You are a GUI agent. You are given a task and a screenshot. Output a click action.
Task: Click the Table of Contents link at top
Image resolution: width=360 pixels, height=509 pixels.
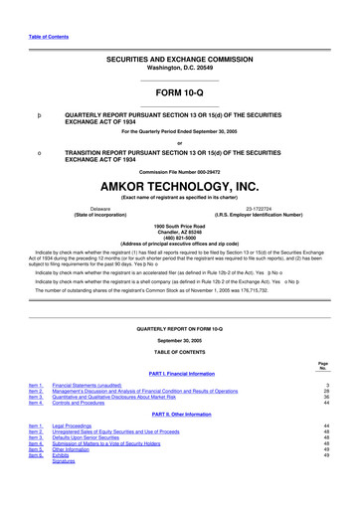click(x=41, y=37)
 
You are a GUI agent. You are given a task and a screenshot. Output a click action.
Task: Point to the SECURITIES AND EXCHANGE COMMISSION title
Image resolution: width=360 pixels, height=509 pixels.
click(x=179, y=62)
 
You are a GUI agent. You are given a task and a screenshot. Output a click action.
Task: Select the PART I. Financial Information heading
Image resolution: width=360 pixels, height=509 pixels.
click(x=179, y=373)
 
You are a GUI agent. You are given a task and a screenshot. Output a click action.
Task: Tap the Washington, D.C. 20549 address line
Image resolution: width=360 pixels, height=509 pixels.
click(x=179, y=71)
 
